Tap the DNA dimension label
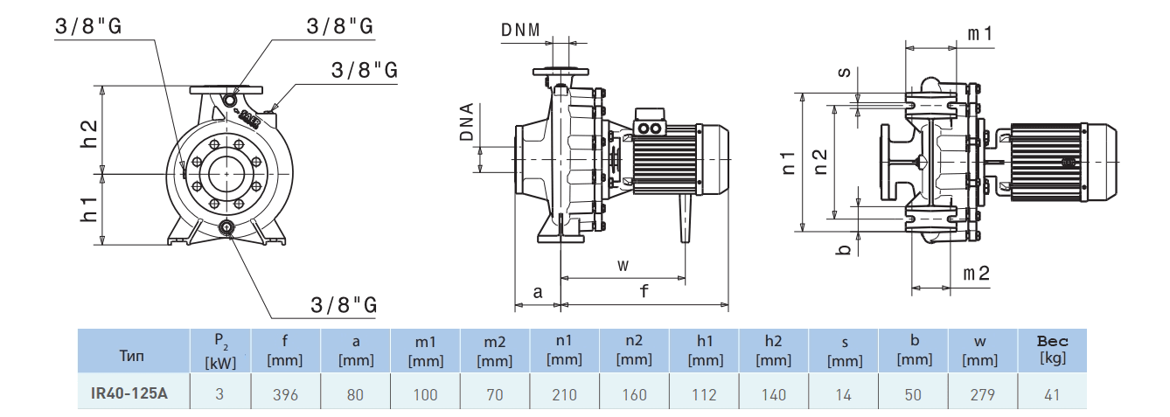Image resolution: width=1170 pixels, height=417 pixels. (468, 122)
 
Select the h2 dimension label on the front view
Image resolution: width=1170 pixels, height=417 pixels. (89, 130)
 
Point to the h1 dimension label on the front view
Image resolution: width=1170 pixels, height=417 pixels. (89, 209)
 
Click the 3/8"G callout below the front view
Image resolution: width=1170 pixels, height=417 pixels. (344, 304)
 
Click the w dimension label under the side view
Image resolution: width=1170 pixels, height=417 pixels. (623, 265)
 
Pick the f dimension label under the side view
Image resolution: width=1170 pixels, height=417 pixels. (644, 292)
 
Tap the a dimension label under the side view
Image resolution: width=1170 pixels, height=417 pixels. (538, 292)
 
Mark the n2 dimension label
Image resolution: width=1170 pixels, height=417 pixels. (820, 161)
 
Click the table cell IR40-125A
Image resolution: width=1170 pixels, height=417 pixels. (129, 394)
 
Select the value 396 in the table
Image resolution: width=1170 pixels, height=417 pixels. (285, 394)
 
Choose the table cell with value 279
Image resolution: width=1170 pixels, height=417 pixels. (982, 394)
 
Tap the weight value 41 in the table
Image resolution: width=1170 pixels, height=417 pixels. (1052, 394)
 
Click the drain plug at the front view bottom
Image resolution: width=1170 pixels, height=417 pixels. (227, 229)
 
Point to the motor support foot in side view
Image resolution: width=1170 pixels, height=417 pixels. (684, 219)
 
